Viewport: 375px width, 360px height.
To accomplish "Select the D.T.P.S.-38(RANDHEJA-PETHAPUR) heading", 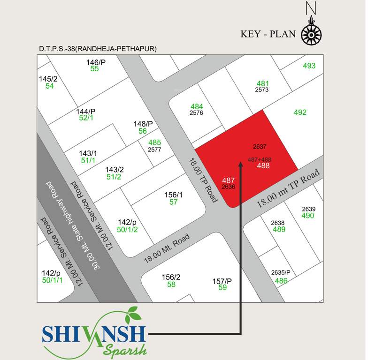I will (x=98, y=49).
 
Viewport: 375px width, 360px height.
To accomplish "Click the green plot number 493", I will (x=309, y=66).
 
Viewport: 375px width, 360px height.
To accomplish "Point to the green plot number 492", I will (x=300, y=112).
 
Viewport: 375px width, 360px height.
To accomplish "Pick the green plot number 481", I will (x=262, y=83).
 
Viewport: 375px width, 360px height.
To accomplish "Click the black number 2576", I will (x=196, y=113).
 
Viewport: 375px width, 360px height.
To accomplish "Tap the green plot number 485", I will (x=154, y=142).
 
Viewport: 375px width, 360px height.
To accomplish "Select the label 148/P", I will (x=143, y=124).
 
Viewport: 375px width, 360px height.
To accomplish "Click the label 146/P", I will (x=96, y=62).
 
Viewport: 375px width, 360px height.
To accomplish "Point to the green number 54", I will (x=49, y=86).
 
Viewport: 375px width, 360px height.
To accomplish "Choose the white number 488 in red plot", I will (x=263, y=165).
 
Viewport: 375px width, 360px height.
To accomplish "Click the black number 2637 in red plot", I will (x=260, y=146).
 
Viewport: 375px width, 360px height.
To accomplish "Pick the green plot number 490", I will (x=308, y=216).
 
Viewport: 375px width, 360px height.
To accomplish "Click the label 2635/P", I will (x=281, y=273).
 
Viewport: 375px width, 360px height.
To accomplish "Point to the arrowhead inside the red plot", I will (x=240, y=168).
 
